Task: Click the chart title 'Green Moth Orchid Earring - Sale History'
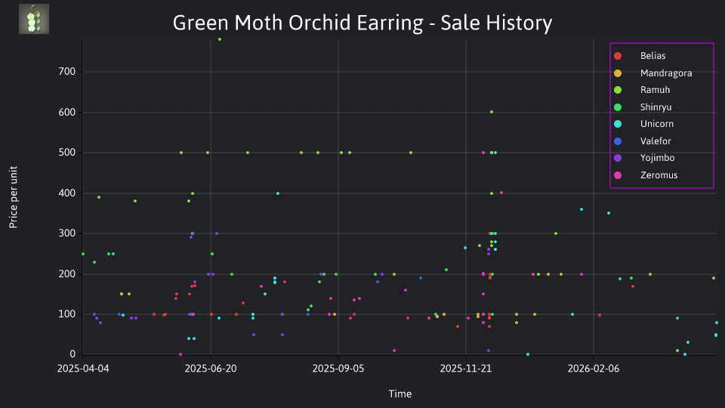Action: (362, 23)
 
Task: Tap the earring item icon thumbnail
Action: (34, 19)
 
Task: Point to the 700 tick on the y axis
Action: (67, 72)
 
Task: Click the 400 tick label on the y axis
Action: (67, 193)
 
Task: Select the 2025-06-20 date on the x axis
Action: (211, 369)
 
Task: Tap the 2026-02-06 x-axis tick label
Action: (594, 369)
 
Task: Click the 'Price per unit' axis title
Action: (14, 197)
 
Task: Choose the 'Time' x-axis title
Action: (400, 394)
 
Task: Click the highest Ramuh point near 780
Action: (220, 39)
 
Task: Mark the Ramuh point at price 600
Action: (492, 112)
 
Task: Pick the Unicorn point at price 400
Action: (278, 193)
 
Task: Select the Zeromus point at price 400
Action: (501, 193)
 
